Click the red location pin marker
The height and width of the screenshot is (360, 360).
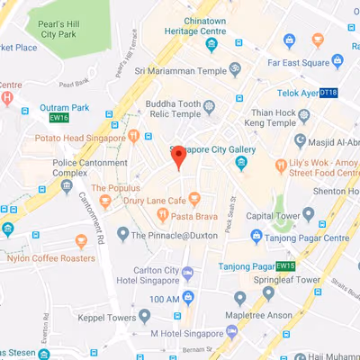tap(178, 158)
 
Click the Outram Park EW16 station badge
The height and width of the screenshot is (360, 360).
tap(58, 116)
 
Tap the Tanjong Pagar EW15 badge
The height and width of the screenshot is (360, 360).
tap(285, 266)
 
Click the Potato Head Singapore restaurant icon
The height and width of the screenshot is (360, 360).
tap(134, 137)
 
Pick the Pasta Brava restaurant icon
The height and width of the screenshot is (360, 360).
tap(162, 215)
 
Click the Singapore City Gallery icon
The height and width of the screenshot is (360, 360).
tap(241, 163)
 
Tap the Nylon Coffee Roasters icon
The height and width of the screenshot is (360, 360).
tap(82, 240)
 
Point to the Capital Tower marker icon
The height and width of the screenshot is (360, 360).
tap(309, 214)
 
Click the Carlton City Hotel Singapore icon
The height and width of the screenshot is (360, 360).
tap(187, 273)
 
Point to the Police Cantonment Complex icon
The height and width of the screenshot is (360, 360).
tap(67, 184)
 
